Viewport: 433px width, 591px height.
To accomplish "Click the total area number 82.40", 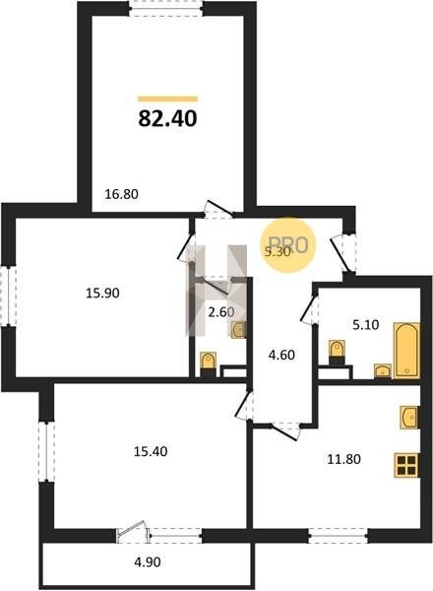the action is [x=167, y=118].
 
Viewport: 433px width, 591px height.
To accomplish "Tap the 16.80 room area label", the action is [x=121, y=194].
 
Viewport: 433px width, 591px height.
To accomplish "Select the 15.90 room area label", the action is [x=102, y=293].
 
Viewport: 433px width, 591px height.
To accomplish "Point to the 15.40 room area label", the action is [x=151, y=451].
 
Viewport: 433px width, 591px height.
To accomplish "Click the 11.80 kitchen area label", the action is [x=343, y=459].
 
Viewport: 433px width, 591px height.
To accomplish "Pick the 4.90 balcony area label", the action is [x=148, y=562].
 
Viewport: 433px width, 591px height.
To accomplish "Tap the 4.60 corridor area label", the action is [x=281, y=355].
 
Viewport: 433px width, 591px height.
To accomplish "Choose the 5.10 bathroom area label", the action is [x=366, y=324].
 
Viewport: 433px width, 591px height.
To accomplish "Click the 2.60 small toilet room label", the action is [x=221, y=312].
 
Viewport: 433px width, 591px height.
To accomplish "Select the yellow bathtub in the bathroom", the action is [x=406, y=350].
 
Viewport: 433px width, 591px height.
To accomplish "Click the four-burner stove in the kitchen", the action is [x=406, y=465].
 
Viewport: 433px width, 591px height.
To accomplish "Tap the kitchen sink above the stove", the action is [x=409, y=418].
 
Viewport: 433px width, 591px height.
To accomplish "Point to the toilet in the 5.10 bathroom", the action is [x=337, y=352].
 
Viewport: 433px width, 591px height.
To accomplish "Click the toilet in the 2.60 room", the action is [x=209, y=363].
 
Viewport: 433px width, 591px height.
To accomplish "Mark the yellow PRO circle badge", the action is [x=288, y=245].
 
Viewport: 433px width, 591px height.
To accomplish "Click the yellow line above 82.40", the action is [x=168, y=99].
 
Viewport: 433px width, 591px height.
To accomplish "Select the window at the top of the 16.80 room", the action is [x=166, y=8].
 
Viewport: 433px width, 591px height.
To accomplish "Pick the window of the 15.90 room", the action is [x=8, y=295].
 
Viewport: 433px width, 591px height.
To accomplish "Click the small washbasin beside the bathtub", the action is [x=383, y=371].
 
